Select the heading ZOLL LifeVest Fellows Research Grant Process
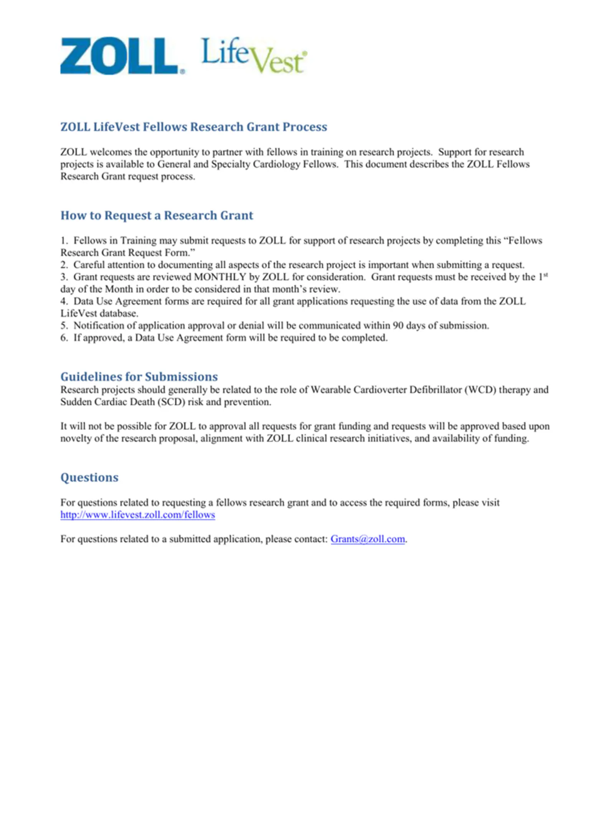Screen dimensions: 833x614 tap(194, 127)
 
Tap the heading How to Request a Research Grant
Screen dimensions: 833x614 tap(157, 215)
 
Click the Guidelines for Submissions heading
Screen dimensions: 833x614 tap(139, 376)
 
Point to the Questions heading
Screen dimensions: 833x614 tap(89, 477)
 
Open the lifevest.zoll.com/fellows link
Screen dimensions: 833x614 tap(137, 515)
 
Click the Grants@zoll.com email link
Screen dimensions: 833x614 tap(367, 539)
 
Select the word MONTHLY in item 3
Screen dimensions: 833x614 tap(220, 277)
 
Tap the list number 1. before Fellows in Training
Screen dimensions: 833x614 tap(64, 241)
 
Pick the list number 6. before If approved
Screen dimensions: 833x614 tap(64, 338)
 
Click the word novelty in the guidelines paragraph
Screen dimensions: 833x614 tap(75, 438)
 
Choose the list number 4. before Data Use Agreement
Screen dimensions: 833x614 tap(64, 301)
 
